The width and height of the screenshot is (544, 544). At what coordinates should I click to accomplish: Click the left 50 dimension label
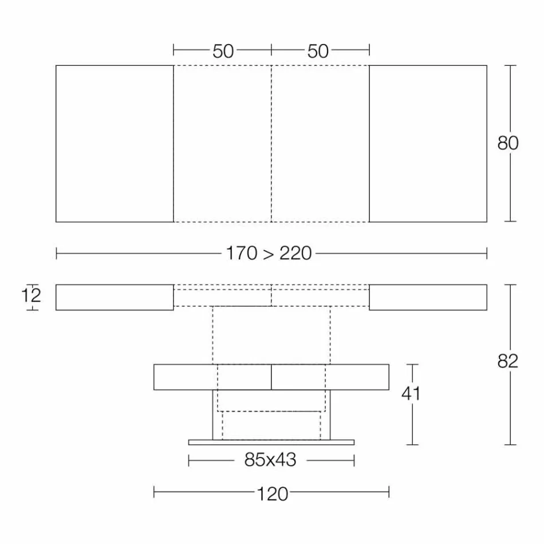[x=223, y=51]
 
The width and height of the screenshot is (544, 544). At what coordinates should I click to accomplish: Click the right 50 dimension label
[x=318, y=51]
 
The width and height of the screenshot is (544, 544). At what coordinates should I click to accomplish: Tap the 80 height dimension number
[x=507, y=143]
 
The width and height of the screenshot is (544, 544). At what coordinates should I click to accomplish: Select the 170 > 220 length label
[x=269, y=253]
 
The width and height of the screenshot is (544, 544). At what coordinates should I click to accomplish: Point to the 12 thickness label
[x=32, y=296]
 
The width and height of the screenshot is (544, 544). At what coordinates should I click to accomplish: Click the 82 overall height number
[x=507, y=361]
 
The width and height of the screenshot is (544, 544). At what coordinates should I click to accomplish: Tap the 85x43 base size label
[x=270, y=460]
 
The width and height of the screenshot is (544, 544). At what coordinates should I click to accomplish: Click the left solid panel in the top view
[x=115, y=143]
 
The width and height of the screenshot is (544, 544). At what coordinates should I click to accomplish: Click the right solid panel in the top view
[x=428, y=143]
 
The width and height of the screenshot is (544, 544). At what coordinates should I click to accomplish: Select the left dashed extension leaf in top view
[x=222, y=143]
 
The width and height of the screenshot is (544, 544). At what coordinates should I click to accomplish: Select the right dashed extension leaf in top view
[x=320, y=143]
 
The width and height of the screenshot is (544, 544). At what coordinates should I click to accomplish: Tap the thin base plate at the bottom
[x=271, y=442]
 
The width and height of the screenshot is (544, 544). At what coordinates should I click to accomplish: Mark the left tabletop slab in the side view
[x=115, y=297]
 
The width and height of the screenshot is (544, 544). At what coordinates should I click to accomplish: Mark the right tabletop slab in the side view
[x=428, y=297]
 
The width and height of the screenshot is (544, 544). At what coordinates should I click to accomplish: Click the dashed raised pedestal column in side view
[x=271, y=335]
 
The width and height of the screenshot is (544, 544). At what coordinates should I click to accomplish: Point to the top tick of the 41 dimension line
[x=412, y=365]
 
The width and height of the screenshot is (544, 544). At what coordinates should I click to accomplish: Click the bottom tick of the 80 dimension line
[x=510, y=221]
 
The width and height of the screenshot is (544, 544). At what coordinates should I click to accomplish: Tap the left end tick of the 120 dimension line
[x=154, y=492]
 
